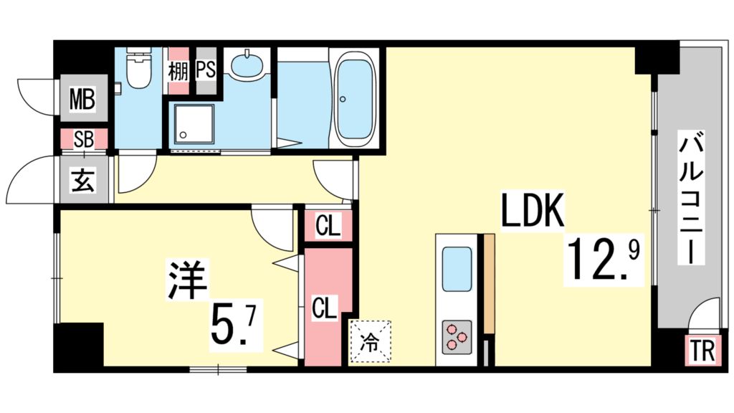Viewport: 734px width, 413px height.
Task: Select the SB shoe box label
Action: (83, 139)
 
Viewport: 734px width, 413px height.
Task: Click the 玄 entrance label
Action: (82, 181)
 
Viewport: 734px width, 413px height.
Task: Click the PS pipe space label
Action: (206, 71)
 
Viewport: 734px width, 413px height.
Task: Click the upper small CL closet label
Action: (328, 228)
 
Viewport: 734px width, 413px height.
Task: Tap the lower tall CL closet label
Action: (323, 309)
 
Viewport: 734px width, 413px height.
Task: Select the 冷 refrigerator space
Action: (371, 341)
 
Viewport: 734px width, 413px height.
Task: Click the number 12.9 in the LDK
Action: (602, 260)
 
